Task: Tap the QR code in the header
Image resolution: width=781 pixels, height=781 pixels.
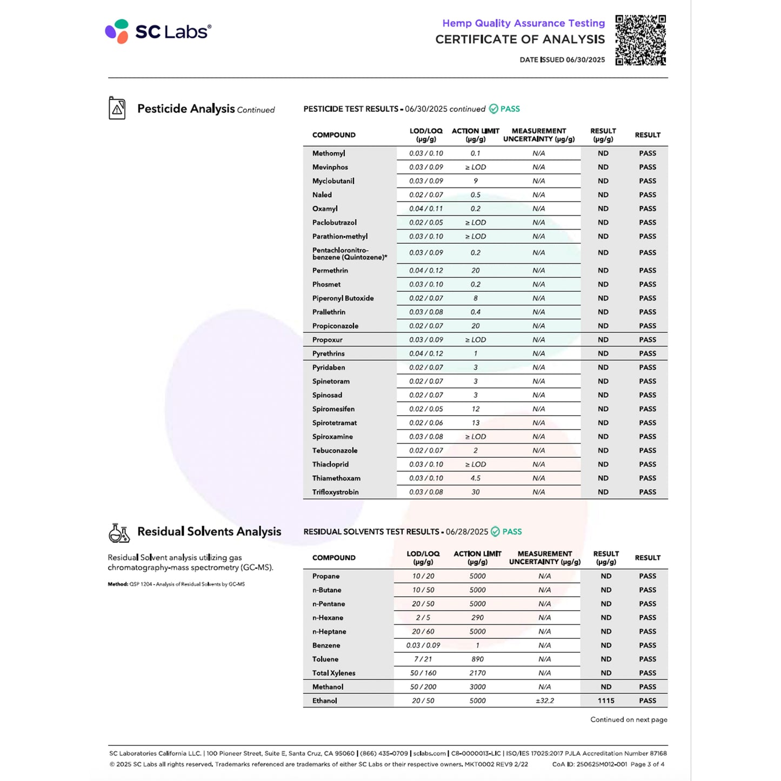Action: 640,41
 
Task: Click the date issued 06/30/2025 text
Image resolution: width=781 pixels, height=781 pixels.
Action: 562,60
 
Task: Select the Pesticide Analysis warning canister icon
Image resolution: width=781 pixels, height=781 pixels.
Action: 117,108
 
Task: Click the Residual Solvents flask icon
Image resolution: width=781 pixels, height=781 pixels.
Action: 119,532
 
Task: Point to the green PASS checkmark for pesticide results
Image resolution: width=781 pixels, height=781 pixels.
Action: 493,109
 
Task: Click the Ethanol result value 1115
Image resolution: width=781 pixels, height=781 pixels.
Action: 606,700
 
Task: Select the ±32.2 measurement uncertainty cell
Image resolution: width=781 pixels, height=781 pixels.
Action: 545,700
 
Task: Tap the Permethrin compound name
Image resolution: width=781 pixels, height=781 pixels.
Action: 330,270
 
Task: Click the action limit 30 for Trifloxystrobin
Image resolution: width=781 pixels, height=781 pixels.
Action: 476,492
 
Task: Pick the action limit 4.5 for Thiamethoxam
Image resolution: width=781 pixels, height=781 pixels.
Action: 476,478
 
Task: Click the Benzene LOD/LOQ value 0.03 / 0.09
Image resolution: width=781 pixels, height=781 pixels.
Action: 423,645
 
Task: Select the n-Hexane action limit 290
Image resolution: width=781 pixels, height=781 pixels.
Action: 477,618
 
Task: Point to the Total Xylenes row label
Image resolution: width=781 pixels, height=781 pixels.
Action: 334,673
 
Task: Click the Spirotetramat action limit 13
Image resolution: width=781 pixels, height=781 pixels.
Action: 476,423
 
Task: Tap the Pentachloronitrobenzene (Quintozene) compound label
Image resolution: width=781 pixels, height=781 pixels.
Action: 349,253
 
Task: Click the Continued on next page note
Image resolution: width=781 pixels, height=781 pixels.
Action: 629,719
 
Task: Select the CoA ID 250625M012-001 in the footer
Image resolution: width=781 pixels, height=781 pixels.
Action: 590,764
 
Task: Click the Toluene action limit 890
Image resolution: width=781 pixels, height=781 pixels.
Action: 477,659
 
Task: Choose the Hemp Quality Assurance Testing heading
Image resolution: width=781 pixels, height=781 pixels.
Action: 523,23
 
